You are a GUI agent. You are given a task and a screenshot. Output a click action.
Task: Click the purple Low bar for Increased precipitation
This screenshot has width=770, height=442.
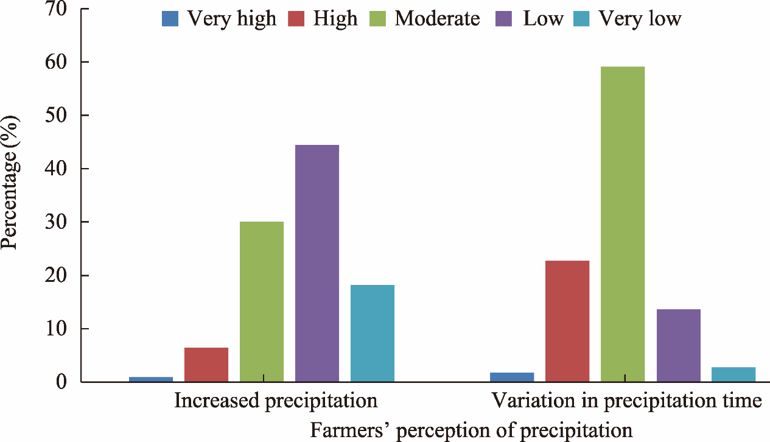[x=317, y=264]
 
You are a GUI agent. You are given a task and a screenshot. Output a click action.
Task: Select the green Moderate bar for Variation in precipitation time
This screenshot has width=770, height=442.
[x=623, y=224]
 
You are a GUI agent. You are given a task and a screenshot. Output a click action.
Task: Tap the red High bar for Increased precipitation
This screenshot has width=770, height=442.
[x=206, y=365]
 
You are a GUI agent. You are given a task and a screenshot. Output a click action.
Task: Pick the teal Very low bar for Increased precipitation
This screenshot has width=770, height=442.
[x=373, y=334]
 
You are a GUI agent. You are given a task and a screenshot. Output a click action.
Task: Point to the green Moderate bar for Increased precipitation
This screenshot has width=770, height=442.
[x=262, y=302]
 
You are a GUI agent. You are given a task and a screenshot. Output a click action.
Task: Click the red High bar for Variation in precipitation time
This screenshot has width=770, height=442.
[x=567, y=321]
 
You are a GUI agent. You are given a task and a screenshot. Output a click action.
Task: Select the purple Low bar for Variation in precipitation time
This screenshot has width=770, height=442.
[x=679, y=346]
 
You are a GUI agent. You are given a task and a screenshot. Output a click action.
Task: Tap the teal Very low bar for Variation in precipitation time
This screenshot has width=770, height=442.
[x=733, y=374]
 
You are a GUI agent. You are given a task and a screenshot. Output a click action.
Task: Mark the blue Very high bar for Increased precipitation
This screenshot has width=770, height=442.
[x=151, y=379]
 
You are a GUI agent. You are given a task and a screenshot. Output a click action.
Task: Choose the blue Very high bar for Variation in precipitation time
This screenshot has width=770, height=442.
[x=512, y=377]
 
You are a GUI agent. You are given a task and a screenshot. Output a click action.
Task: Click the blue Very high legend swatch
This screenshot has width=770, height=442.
[x=170, y=19]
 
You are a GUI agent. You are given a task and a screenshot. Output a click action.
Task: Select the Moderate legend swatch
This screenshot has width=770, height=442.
[x=376, y=19]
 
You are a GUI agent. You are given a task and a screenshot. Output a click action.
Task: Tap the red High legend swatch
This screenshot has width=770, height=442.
[x=297, y=19]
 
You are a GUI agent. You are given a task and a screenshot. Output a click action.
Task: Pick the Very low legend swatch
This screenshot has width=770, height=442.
[x=581, y=19]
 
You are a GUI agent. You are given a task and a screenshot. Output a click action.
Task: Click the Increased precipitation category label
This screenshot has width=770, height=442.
[x=276, y=401]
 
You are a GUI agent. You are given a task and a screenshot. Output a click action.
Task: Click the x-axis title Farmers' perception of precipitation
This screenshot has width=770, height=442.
[x=472, y=430]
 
